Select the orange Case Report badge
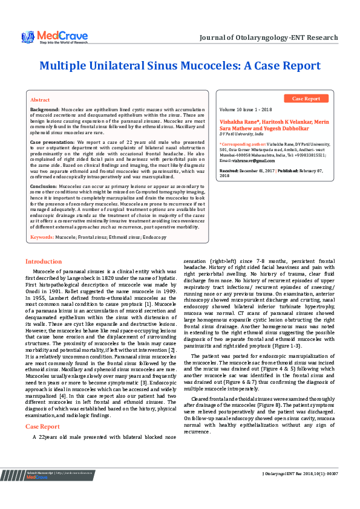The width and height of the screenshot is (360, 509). point(306,99)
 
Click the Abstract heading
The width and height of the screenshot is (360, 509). point(40,100)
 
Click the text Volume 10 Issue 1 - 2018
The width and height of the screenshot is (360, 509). point(246,110)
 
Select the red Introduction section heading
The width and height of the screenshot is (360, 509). point(43,261)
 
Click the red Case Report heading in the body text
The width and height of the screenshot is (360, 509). point(42,426)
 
